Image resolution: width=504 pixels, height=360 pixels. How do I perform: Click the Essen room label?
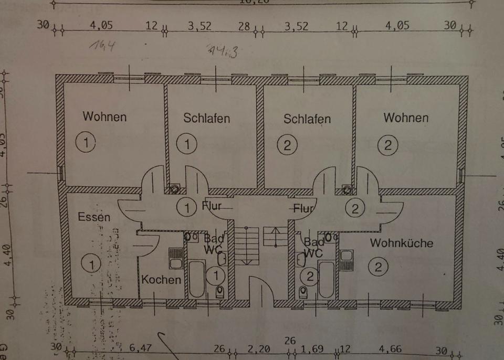tap(94, 216)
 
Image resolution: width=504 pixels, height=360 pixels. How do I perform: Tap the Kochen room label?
tap(161, 279)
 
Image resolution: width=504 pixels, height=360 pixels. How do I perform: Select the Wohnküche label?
tap(402, 243)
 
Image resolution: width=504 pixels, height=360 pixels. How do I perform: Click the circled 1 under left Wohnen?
tap(85, 142)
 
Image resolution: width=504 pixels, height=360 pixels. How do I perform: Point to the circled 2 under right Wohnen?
tap(387, 144)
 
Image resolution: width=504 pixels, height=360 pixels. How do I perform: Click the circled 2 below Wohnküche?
tap(377, 267)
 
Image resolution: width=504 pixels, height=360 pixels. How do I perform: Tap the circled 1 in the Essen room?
tap(91, 264)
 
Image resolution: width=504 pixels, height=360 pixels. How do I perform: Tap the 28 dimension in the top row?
tap(244, 26)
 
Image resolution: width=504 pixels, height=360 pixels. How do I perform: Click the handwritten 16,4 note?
tap(102, 46)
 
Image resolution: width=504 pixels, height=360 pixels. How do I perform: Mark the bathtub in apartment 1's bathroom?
tap(197, 278)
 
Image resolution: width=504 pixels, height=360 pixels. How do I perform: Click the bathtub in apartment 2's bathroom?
tap(325, 278)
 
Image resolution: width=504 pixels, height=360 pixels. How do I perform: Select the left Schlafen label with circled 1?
tap(206, 118)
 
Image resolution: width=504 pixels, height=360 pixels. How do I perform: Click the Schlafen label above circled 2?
tap(307, 119)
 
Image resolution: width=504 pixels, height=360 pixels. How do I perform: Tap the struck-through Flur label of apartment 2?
tap(303, 208)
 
